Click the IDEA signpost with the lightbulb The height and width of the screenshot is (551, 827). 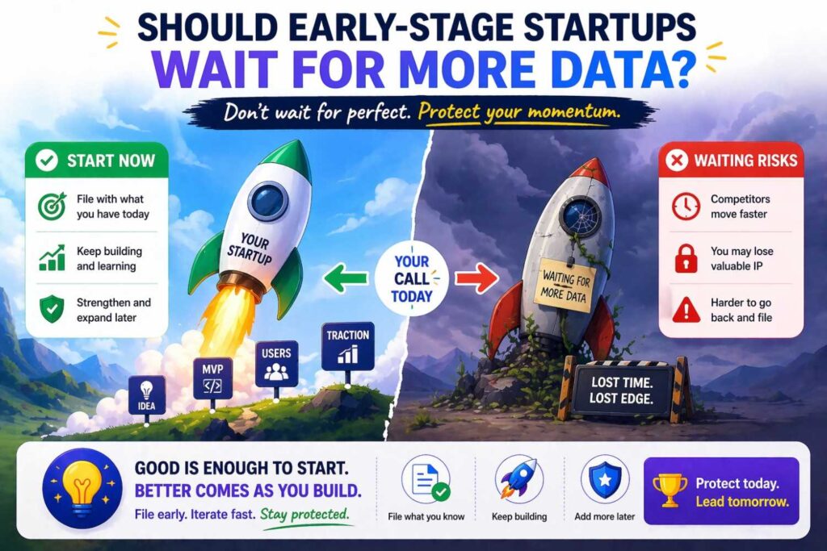[147, 394]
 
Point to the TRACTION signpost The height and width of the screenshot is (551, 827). [347, 344]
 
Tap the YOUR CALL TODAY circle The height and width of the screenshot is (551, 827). [412, 278]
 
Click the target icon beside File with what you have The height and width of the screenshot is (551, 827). [52, 207]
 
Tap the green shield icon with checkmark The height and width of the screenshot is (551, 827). [52, 309]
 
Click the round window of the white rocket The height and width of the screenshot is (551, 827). [268, 200]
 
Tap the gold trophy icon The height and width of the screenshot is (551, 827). [670, 490]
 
